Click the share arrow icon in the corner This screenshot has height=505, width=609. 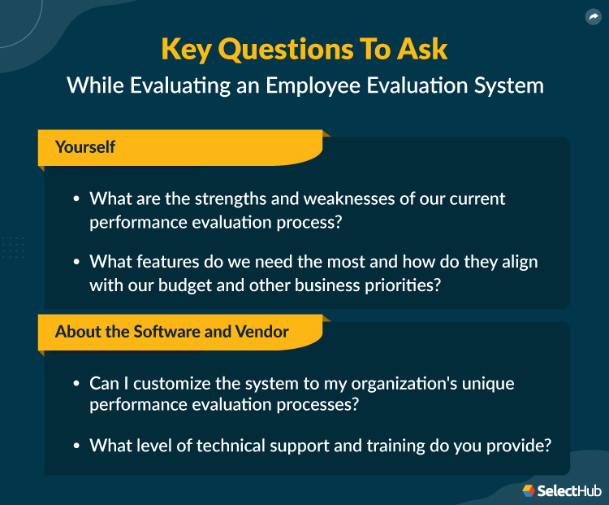(592, 17)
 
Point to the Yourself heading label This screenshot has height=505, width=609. (85, 147)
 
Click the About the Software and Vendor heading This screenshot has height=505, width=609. (172, 332)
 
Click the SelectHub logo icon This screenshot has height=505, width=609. (529, 490)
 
